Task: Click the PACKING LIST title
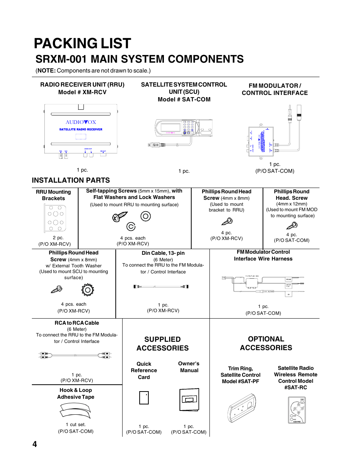[x=82, y=44]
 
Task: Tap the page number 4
[x=35, y=444]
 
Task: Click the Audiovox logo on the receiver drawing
[x=81, y=122]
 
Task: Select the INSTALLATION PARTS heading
[x=71, y=180]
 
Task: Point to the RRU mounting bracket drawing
[x=55, y=218]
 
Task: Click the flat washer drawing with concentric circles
[x=146, y=216]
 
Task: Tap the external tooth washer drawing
[x=88, y=290]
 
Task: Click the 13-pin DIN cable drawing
[x=161, y=287]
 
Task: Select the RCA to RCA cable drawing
[x=75, y=355]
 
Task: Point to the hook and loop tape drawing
[x=76, y=411]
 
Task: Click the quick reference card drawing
[x=144, y=398]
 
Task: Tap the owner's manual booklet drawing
[x=189, y=399]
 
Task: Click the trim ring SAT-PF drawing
[x=242, y=408]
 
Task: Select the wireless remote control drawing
[x=296, y=410]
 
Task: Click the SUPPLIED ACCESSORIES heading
[x=162, y=344]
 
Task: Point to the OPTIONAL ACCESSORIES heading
[x=266, y=343]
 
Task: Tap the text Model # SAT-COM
[x=184, y=99]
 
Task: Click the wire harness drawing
[x=263, y=284]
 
